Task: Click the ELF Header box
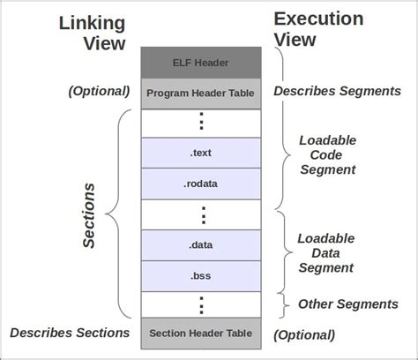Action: [202, 62]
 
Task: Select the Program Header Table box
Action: [202, 92]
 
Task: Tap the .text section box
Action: [202, 152]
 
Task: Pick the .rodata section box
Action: [202, 183]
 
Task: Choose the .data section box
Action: [202, 244]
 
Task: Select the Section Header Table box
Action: [202, 334]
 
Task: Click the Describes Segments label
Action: [337, 91]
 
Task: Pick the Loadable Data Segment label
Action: [325, 252]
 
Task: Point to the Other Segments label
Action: [347, 304]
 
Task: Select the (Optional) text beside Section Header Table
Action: [304, 334]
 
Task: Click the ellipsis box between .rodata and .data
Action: [202, 214]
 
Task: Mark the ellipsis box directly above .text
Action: [202, 122]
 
